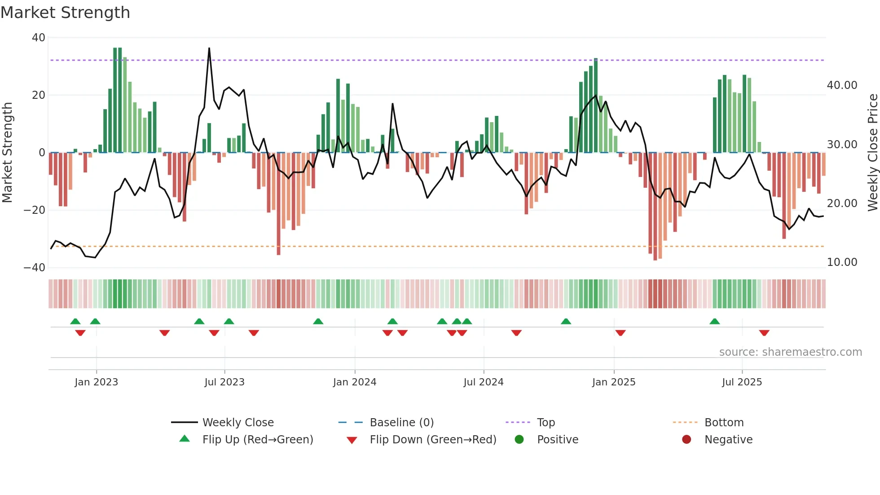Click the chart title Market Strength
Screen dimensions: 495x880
click(65, 13)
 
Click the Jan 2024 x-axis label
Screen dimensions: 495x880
click(354, 382)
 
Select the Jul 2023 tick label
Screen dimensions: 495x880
click(224, 382)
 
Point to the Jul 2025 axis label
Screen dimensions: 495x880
click(742, 382)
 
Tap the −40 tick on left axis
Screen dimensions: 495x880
click(35, 268)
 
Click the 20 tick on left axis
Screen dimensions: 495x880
click(39, 95)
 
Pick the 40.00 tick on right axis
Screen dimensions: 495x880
click(842, 85)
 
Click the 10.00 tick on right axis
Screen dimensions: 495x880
click(842, 262)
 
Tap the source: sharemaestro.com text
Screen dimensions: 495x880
click(790, 352)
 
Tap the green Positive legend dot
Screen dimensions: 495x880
click(519, 440)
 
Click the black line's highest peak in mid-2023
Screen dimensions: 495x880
click(209, 49)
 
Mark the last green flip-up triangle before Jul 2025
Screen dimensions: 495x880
click(715, 321)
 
